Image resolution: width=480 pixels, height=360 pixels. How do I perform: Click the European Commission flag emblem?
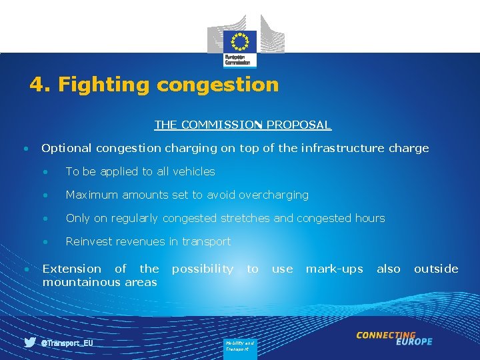point(239,41)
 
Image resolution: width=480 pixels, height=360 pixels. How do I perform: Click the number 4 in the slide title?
point(37,85)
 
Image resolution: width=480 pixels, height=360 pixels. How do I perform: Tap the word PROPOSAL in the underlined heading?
point(301,125)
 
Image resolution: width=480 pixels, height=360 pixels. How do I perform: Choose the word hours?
point(370,218)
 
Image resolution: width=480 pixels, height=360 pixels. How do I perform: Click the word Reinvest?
point(88,241)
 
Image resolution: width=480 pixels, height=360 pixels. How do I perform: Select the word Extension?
point(72,269)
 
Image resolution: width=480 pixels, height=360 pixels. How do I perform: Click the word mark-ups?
point(334,269)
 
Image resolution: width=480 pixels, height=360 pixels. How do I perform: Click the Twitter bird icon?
point(30,343)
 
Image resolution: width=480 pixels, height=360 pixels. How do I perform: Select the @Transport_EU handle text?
point(67,343)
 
